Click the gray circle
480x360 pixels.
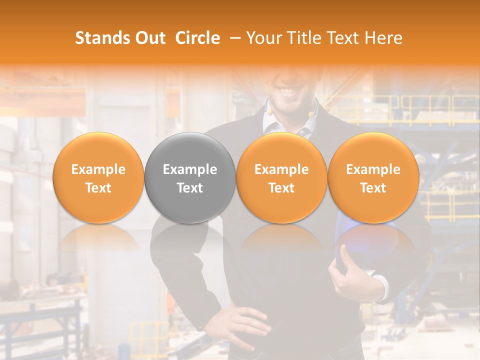190,177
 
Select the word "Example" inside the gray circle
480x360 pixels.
190,169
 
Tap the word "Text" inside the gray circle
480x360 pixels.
190,188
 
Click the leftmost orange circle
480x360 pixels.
98,177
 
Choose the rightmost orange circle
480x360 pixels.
373,177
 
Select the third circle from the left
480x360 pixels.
281,177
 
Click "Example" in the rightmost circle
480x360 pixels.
373,169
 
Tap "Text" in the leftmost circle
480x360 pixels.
98,188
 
